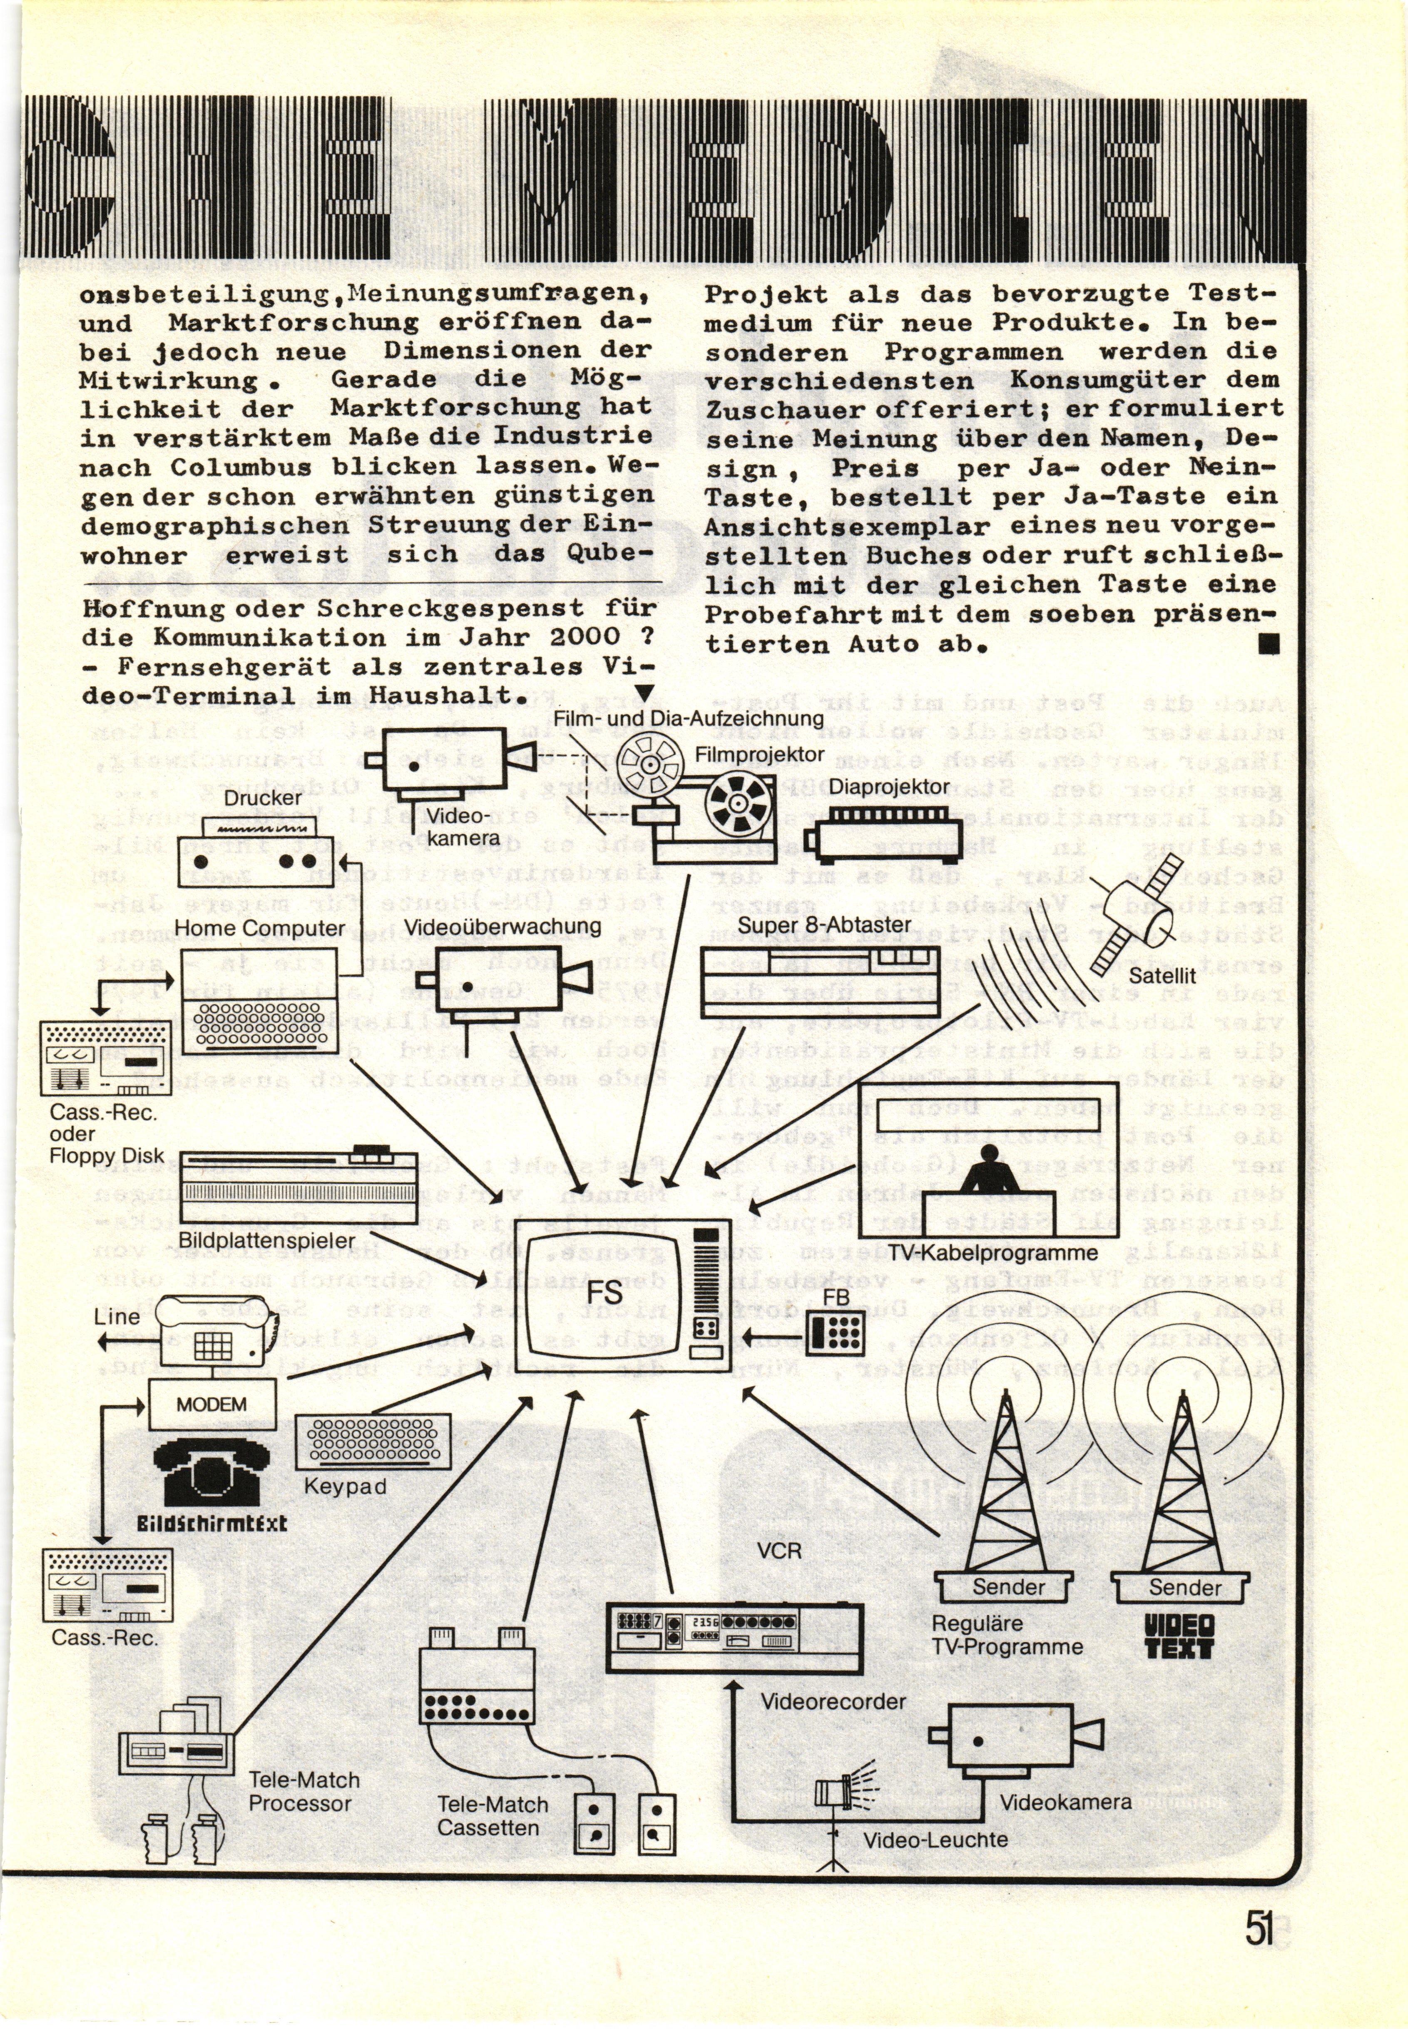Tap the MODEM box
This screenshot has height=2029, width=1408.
(212, 1404)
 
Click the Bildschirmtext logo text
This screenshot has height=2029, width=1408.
(212, 1524)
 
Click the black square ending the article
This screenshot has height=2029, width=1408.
(1269, 647)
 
